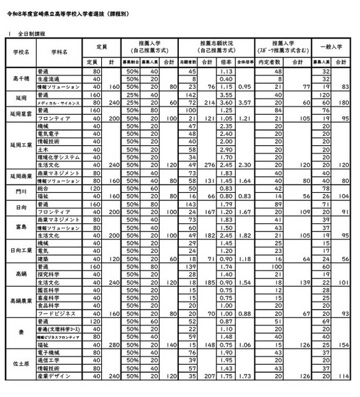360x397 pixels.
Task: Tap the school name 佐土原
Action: click(x=23, y=364)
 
